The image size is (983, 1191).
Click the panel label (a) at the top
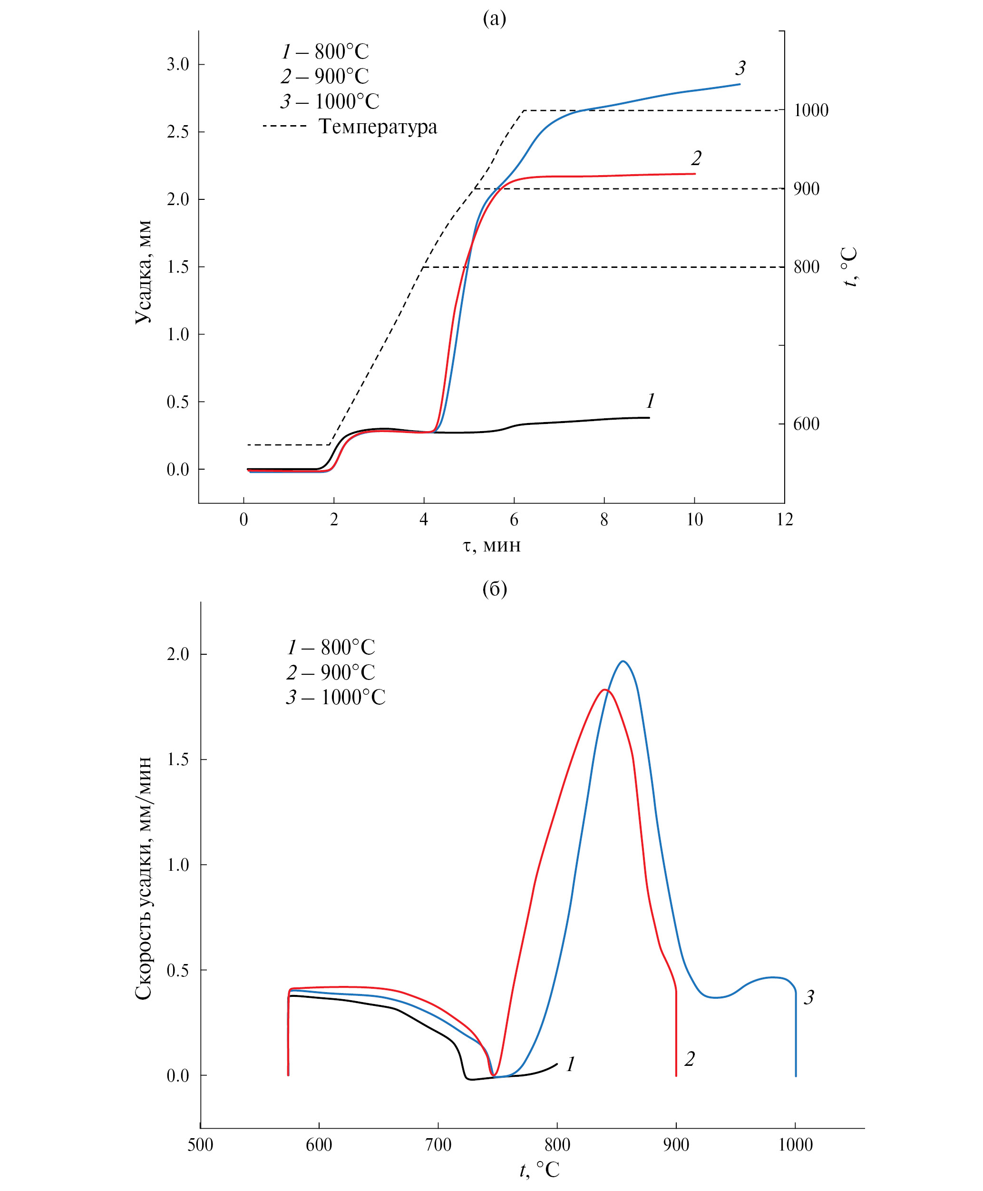494,19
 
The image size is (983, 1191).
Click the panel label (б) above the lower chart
494,589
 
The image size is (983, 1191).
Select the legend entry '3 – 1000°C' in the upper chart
330,101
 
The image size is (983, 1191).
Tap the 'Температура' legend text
378,127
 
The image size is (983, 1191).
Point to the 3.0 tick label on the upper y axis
178,65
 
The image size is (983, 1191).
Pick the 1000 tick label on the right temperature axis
811,110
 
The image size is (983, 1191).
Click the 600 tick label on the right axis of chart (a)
807,424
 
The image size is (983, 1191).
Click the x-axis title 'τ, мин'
492,546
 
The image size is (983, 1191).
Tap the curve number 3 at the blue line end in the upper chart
740,69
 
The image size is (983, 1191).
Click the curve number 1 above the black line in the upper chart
650,401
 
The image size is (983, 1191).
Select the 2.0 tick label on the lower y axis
178,654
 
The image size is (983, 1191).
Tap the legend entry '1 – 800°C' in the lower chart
331,648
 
